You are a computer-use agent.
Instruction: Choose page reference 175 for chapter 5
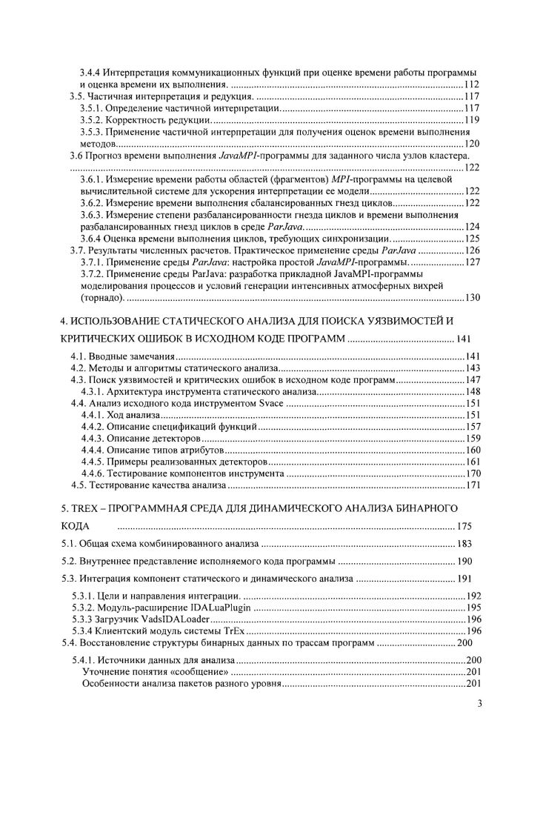click(464, 527)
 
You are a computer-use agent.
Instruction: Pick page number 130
click(473, 298)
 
